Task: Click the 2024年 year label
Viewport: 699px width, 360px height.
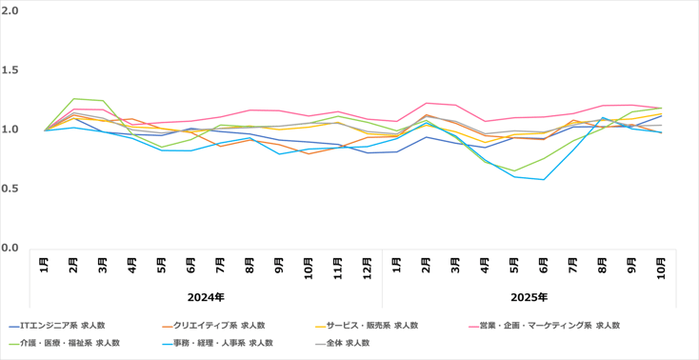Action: (206, 297)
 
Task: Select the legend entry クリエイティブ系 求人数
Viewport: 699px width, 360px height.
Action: (220, 325)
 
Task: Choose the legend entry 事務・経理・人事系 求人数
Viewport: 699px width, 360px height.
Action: (227, 343)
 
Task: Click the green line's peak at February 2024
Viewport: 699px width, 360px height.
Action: (73, 98)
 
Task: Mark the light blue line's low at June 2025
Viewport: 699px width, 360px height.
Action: (544, 179)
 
